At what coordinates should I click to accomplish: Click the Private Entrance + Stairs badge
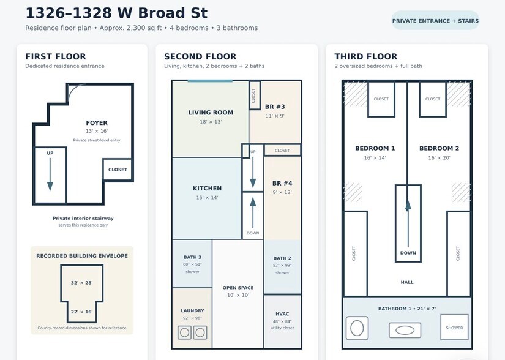[x=435, y=21]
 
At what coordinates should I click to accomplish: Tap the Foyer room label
[x=97, y=123]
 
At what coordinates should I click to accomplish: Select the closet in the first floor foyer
[x=118, y=170]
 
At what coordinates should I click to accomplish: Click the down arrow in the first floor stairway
[x=50, y=174]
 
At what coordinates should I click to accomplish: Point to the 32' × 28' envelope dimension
[x=82, y=283]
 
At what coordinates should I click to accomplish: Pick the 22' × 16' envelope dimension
[x=82, y=312]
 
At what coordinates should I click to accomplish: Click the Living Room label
[x=211, y=113]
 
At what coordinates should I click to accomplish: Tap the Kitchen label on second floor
[x=207, y=189]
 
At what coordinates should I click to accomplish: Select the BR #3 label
[x=275, y=107]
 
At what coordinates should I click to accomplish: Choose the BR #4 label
[x=282, y=183]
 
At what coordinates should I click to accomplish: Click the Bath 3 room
[x=192, y=264]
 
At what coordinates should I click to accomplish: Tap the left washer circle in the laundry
[x=184, y=332]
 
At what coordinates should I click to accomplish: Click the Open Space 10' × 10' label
[x=238, y=291]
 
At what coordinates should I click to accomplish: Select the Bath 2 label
[x=282, y=258]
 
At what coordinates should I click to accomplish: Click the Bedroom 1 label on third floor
[x=375, y=148]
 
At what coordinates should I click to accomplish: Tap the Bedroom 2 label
[x=439, y=148]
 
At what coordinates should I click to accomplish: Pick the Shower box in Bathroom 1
[x=454, y=328]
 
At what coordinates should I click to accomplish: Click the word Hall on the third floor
[x=407, y=282]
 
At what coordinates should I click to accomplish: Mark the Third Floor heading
[x=366, y=57]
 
